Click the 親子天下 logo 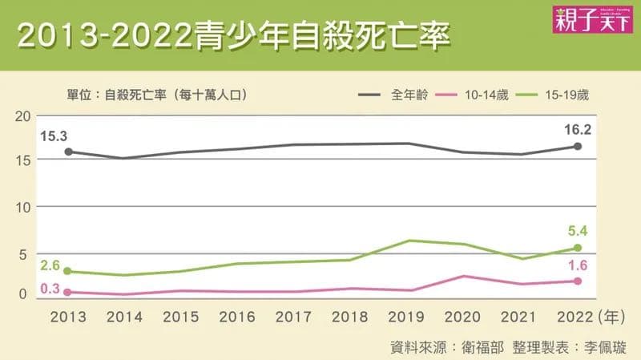(x=592, y=19)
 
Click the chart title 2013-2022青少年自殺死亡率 (x=234, y=36)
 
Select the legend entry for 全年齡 (x=393, y=95)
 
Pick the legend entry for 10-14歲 (x=472, y=95)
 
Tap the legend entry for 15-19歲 (x=552, y=95)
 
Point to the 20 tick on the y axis (x=23, y=116)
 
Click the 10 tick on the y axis (x=23, y=208)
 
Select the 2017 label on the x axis (x=293, y=317)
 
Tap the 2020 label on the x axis (x=462, y=317)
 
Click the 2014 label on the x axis (x=124, y=317)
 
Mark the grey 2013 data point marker (x=69, y=152)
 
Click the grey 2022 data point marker (x=578, y=146)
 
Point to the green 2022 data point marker (x=578, y=248)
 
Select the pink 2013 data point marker (x=68, y=293)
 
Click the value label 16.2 (x=578, y=130)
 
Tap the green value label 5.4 (x=578, y=231)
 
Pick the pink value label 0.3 (x=50, y=289)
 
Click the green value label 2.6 (x=50, y=265)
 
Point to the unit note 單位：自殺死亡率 (x=116, y=95)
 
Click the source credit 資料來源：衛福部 (x=447, y=347)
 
